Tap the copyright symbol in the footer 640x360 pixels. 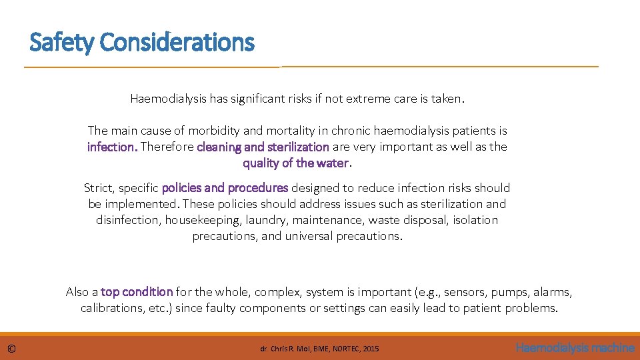(x=12, y=348)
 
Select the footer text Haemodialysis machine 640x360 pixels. (x=575, y=347)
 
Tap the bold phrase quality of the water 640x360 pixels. (x=295, y=163)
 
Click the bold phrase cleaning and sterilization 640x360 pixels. (x=263, y=147)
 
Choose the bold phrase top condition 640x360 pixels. (x=137, y=292)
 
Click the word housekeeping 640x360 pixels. (x=201, y=220)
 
